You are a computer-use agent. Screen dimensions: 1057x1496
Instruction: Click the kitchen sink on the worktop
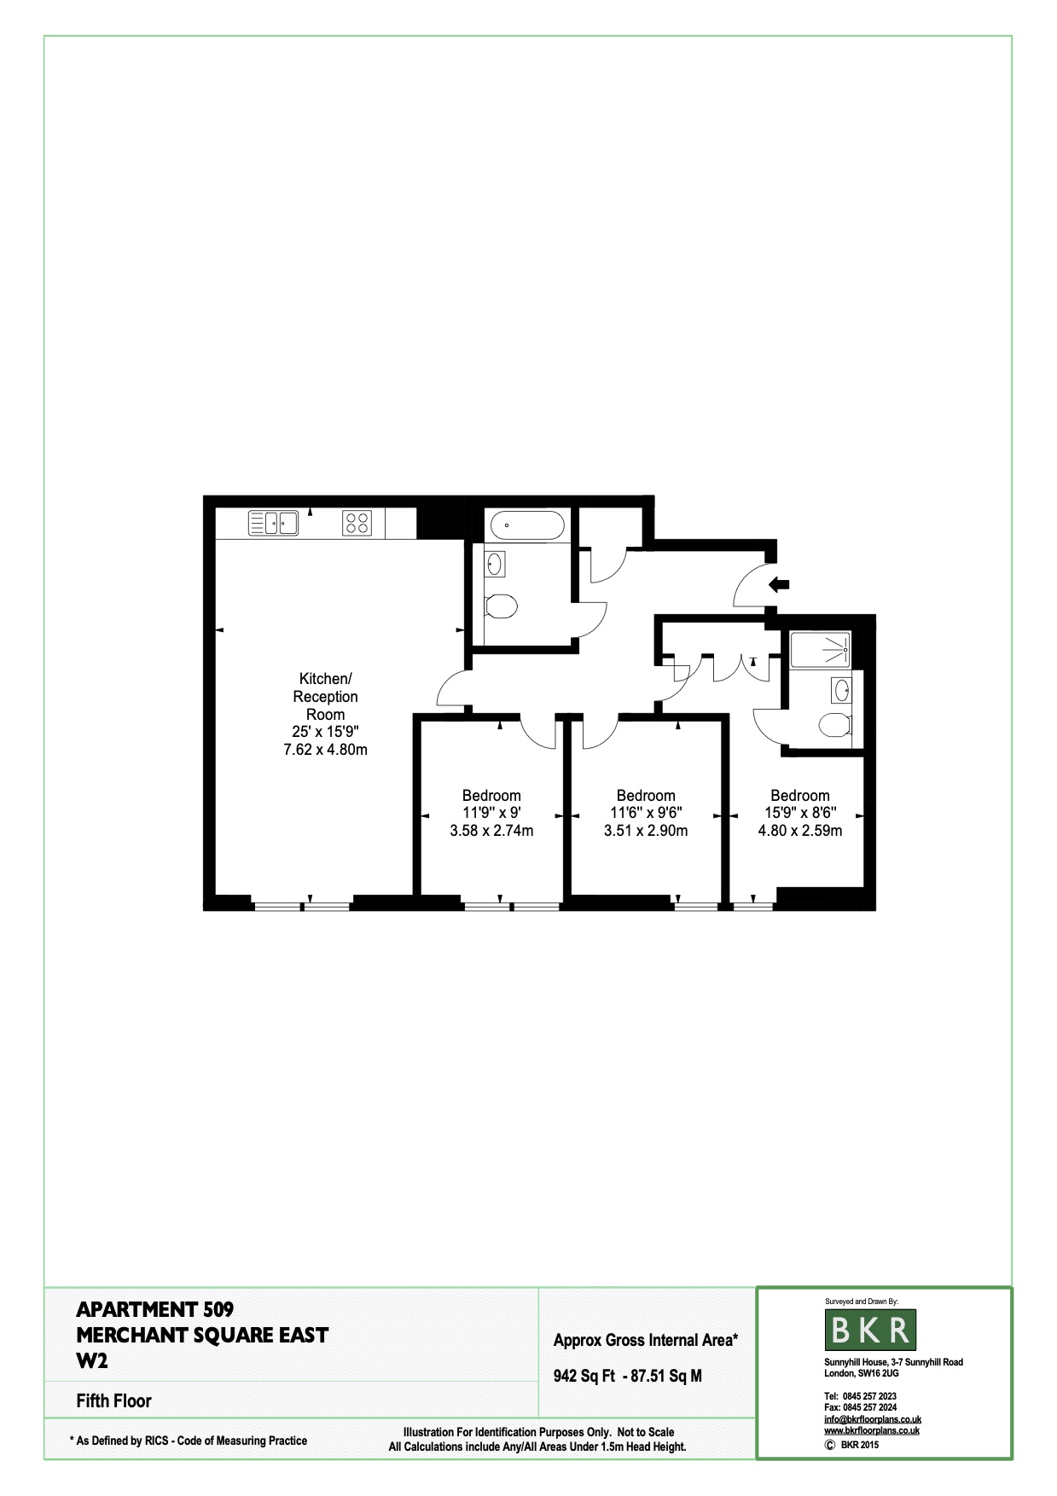coord(273,522)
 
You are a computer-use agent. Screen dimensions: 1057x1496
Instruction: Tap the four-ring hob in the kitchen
coord(357,522)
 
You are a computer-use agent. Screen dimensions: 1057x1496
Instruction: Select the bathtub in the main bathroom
coord(524,525)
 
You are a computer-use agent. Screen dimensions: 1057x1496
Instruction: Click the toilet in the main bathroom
coord(500,606)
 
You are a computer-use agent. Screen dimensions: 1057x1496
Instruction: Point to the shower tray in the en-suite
coord(820,649)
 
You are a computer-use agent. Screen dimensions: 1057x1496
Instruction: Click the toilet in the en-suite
coord(834,726)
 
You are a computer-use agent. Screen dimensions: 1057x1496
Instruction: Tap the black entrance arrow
coord(779,584)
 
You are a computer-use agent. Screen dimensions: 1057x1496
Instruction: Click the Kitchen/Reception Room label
coord(325,696)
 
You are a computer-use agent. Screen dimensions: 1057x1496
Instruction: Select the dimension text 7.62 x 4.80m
coord(325,750)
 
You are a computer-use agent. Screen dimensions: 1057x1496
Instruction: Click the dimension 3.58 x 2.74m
coord(491,830)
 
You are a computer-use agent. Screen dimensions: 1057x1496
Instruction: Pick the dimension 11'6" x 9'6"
coord(646,813)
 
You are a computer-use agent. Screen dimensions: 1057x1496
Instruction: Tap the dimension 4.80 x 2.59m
coord(800,830)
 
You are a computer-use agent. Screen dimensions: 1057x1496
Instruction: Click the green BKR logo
coord(870,1330)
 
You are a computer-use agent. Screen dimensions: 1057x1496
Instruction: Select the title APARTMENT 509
coord(154,1308)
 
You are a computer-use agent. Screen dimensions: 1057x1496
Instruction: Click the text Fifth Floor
coord(113,1400)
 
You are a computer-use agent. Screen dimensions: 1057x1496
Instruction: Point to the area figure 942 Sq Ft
coord(584,1376)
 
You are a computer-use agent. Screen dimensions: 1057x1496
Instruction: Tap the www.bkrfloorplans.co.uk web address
coord(872,1430)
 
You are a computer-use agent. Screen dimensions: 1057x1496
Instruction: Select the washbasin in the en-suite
coord(840,689)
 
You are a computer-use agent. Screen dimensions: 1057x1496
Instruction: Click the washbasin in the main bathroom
coord(495,563)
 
